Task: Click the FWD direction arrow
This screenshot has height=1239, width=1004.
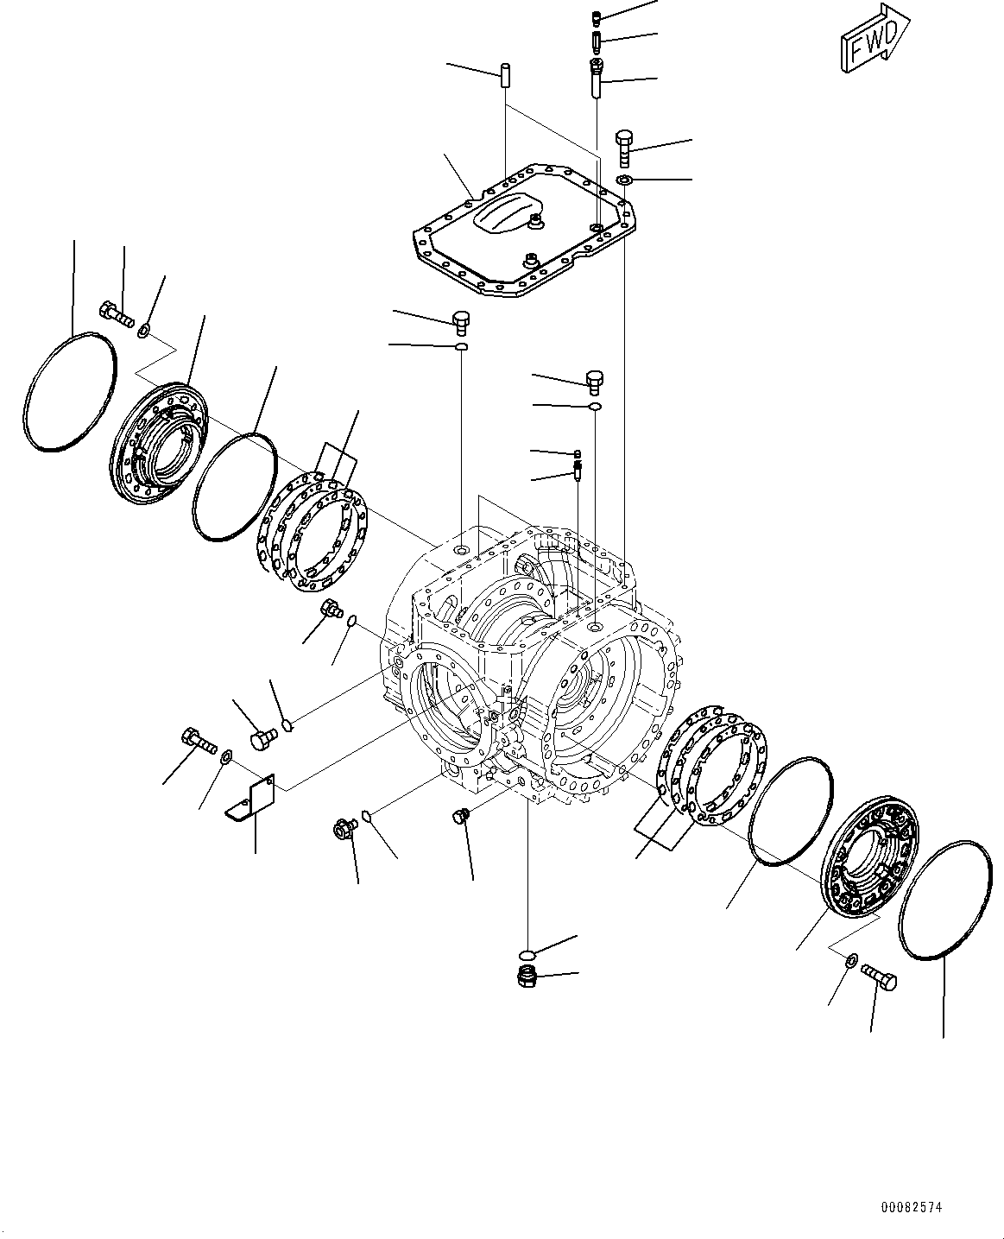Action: [870, 41]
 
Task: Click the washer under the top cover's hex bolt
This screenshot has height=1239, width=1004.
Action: [624, 180]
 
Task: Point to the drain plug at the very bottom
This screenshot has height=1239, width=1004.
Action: [526, 977]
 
